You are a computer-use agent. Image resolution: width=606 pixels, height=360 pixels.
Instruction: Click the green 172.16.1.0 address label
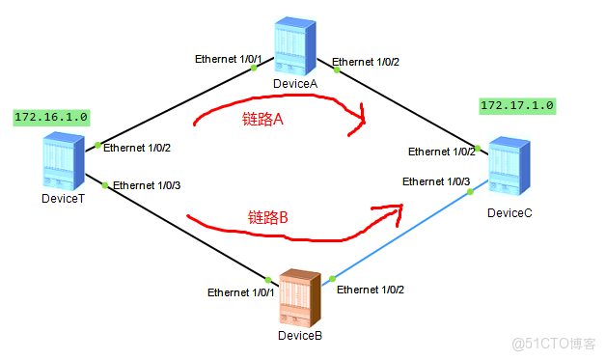[x=51, y=117]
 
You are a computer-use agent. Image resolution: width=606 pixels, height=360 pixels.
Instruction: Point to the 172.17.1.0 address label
[x=517, y=104]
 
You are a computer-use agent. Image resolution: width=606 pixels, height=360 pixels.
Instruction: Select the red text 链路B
[x=268, y=217]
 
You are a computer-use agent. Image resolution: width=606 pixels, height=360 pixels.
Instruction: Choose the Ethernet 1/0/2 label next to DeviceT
[x=137, y=148]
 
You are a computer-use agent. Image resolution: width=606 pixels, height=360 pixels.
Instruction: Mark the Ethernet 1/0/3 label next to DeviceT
[x=147, y=185]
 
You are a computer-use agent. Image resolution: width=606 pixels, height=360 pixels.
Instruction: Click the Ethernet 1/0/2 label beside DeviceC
[x=441, y=152]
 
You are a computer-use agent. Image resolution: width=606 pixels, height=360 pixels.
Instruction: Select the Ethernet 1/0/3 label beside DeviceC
[x=436, y=181]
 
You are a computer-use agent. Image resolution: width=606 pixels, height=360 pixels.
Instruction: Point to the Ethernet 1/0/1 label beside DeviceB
[x=241, y=291]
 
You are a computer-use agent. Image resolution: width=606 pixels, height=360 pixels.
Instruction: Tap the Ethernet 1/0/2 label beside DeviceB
[x=372, y=289]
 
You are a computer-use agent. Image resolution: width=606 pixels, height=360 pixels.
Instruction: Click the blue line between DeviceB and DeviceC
[x=400, y=235]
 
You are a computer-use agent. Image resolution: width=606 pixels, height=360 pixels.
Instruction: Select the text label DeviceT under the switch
[x=65, y=199]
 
